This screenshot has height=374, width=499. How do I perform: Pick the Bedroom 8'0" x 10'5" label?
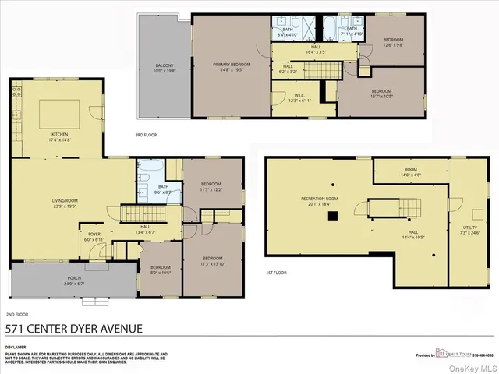coord(161,270)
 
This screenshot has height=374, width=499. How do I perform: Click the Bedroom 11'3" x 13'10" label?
coord(213,259)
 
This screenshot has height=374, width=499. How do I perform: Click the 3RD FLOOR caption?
coord(146,135)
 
